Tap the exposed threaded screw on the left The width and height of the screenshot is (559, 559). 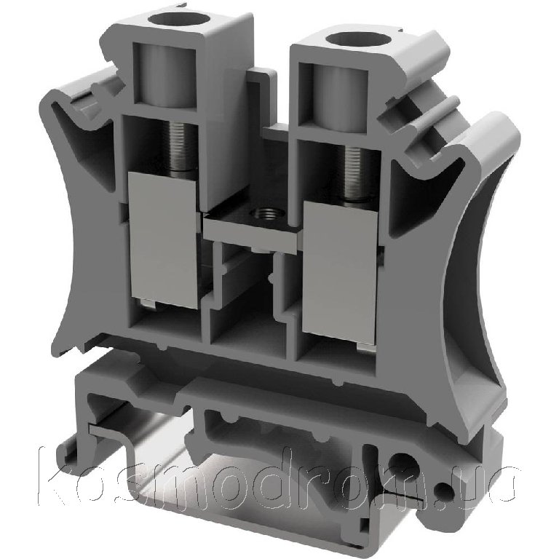click(182, 146)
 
